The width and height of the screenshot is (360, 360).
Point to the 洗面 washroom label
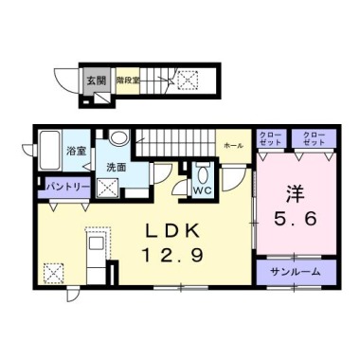(x=117, y=167)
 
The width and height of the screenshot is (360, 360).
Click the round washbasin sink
(x=117, y=138)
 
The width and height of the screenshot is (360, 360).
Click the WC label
(x=201, y=189)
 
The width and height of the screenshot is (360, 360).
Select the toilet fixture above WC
(x=202, y=172)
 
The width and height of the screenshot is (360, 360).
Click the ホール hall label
(x=232, y=147)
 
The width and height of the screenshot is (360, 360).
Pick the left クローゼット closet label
(x=270, y=137)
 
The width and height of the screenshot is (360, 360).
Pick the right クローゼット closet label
(x=314, y=137)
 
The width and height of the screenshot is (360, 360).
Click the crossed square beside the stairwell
(x=184, y=81)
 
